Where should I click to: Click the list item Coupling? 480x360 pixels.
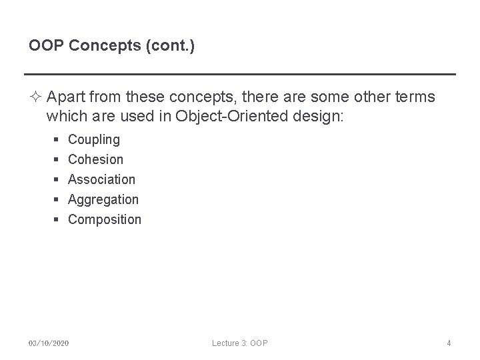click(x=94, y=139)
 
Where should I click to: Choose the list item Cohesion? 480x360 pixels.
click(x=96, y=159)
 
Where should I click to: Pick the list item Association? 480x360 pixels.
click(x=101, y=179)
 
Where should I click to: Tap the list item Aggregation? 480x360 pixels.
click(x=103, y=199)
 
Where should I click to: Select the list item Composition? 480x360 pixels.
click(x=105, y=219)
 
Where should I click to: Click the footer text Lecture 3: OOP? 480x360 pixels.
click(x=240, y=343)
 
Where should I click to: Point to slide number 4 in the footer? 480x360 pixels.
click(x=449, y=343)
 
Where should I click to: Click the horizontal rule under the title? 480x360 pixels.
click(x=240, y=74)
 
